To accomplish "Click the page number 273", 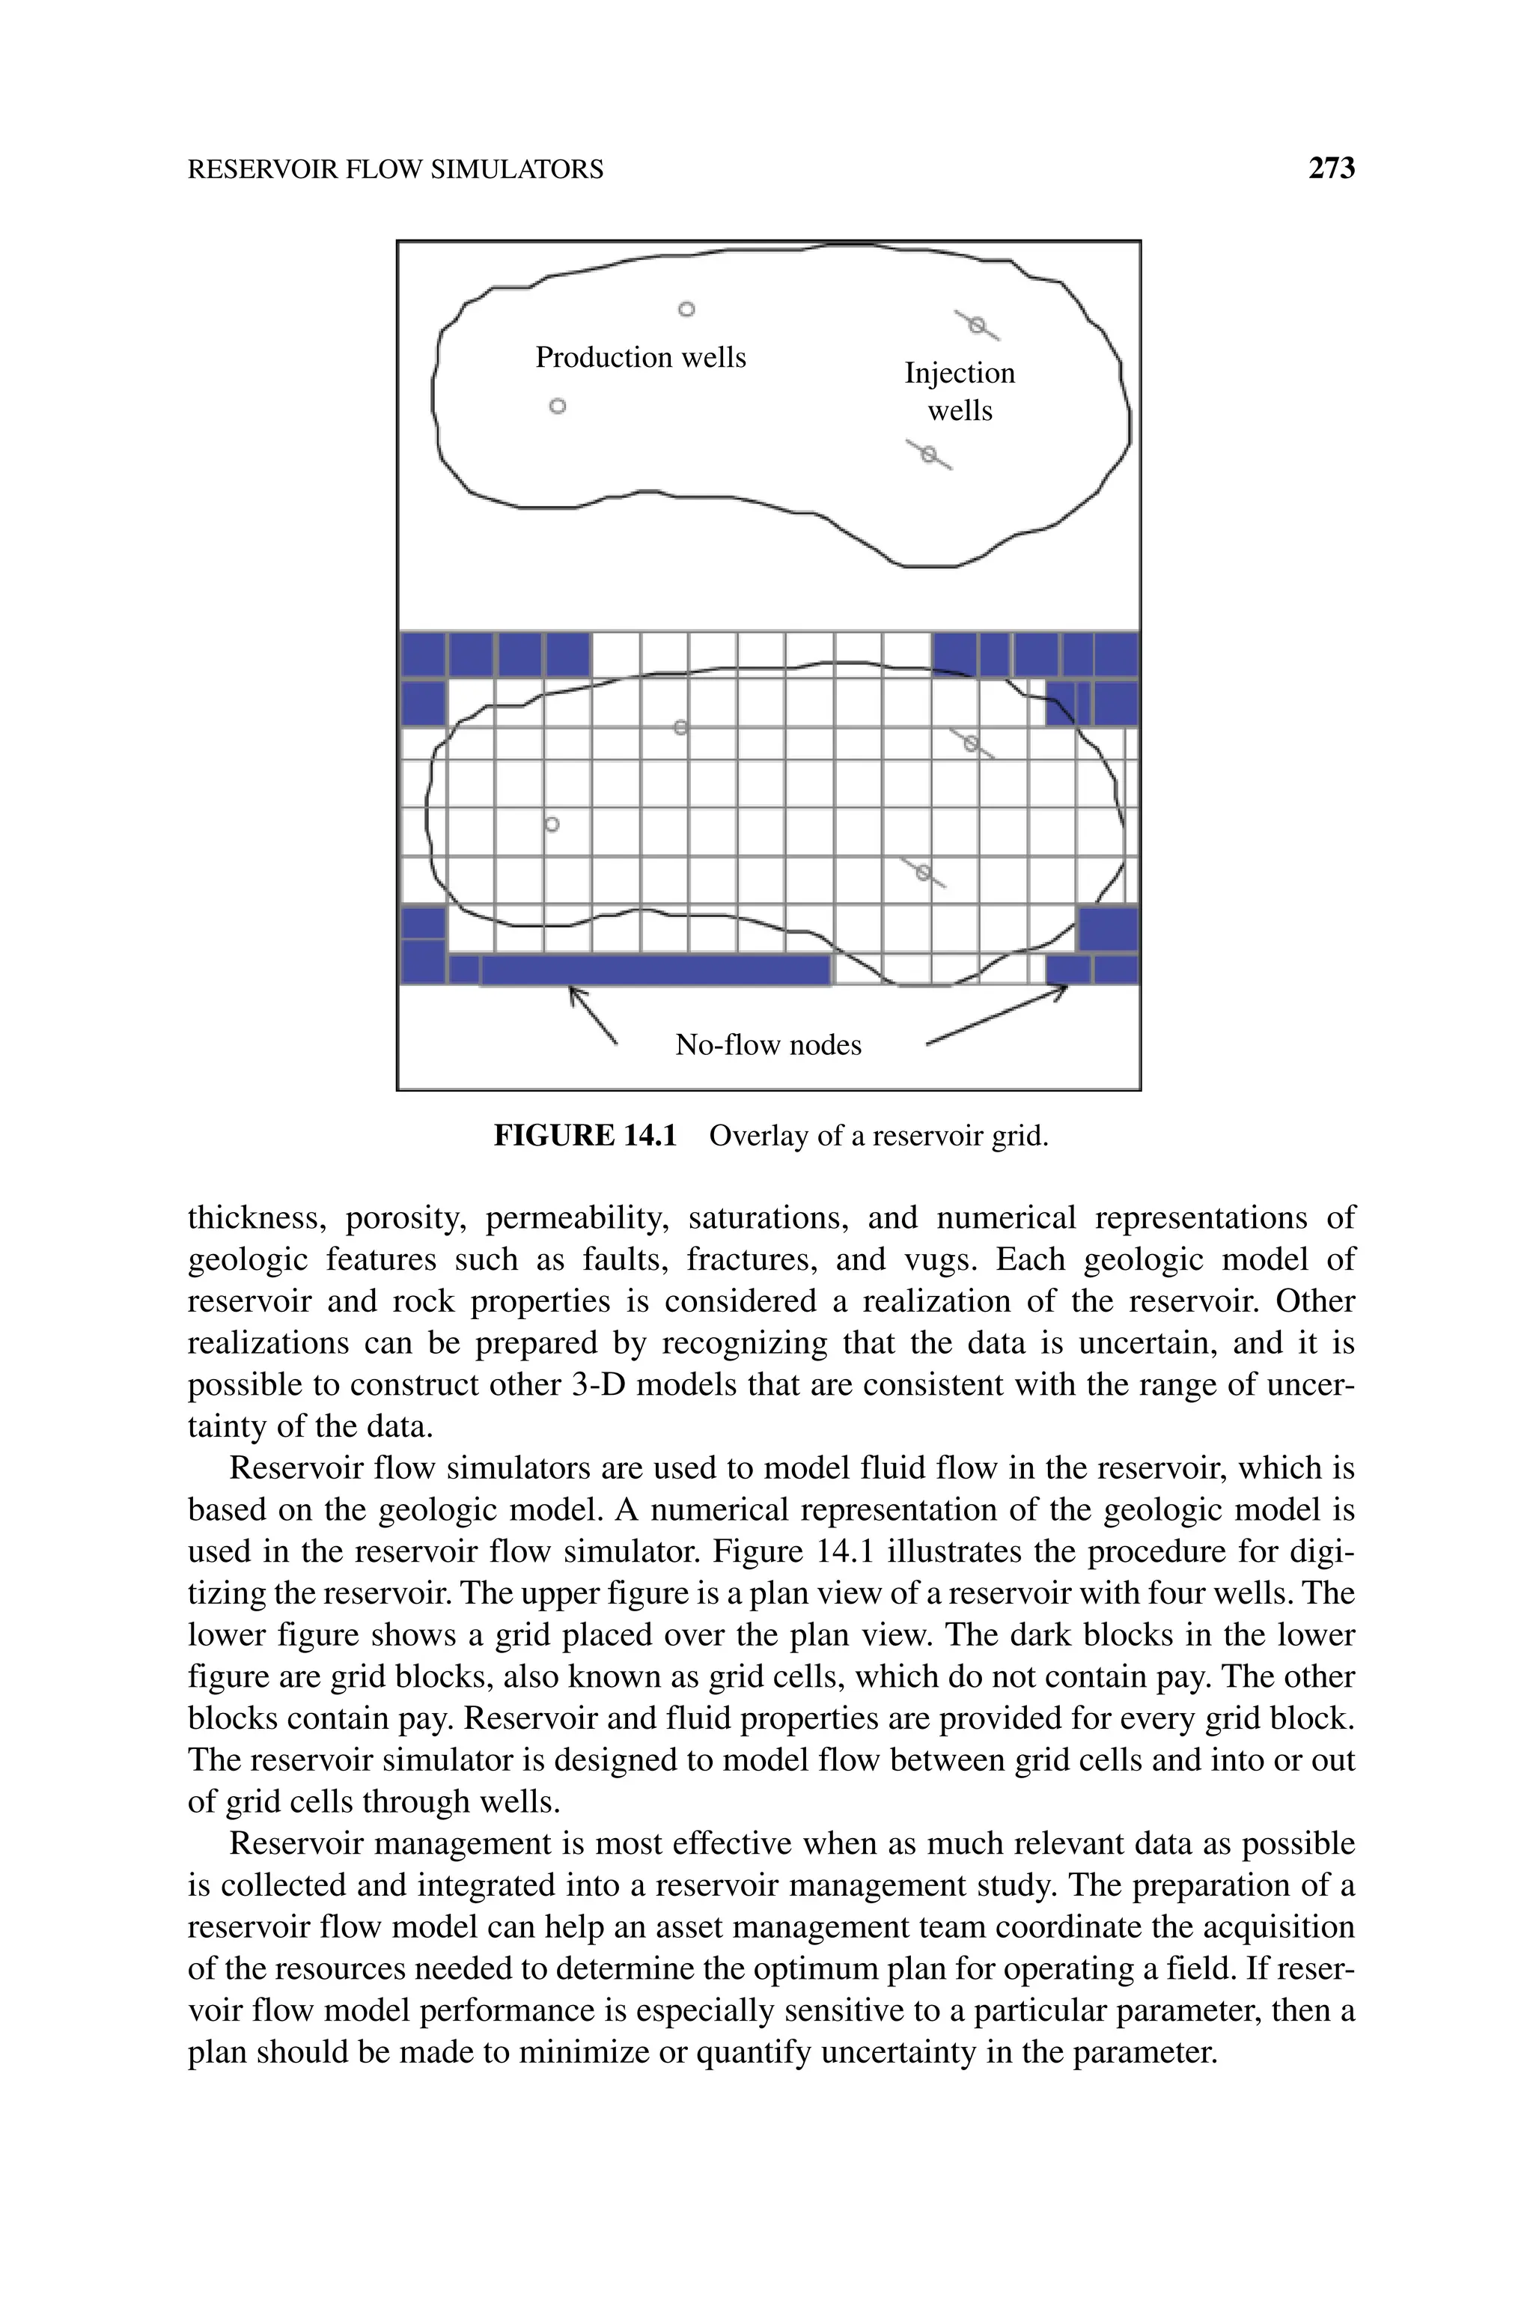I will tap(1332, 169).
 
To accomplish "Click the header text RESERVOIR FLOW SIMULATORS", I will tap(395, 170).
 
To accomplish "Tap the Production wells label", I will tap(641, 358).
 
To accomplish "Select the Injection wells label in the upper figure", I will tap(959, 391).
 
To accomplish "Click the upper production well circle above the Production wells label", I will tap(686, 310).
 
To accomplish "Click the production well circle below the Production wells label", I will tap(557, 406).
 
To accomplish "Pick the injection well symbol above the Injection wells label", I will tap(977, 326).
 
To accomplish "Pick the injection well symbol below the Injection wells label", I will tap(930, 454).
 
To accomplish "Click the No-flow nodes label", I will tap(769, 1045).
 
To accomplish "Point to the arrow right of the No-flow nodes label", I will tap(997, 1017).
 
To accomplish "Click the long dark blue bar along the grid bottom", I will tap(655, 969).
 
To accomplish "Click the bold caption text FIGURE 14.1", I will tap(585, 1136).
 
